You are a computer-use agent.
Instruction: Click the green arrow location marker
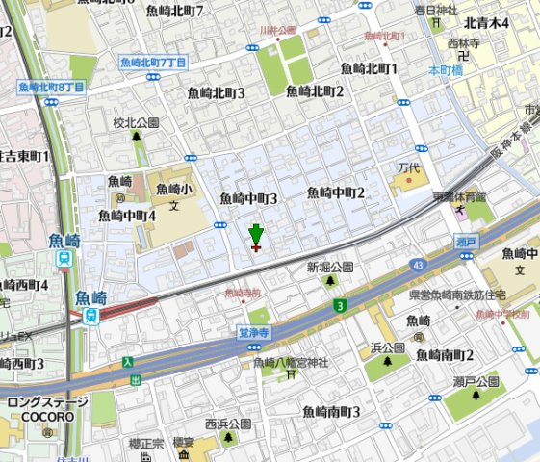255,234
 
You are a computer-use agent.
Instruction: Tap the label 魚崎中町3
248,198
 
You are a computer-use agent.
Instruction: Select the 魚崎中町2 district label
335,193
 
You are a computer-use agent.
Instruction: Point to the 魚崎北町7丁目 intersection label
153,62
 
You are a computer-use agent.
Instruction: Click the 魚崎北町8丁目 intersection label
51,87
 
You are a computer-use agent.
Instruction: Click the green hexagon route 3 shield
340,306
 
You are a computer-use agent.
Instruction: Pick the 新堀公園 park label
330,267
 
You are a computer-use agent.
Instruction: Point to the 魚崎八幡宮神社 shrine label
292,362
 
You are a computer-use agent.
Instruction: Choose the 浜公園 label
386,347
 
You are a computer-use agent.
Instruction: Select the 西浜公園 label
227,423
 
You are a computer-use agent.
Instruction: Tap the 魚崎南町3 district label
331,411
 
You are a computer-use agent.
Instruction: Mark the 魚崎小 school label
174,189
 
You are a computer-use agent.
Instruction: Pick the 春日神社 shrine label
435,11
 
